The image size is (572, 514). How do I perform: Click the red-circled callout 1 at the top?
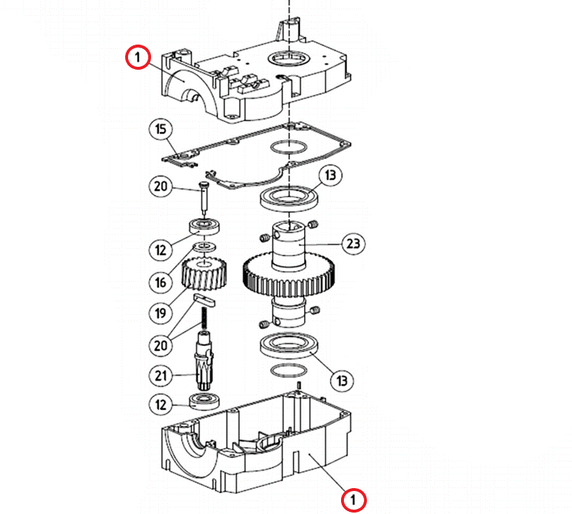(x=137, y=57)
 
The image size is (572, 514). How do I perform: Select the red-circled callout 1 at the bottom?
(x=353, y=500)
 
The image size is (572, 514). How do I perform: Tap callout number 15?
(x=160, y=129)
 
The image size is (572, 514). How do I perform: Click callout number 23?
(x=353, y=243)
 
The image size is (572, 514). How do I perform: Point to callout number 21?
(x=161, y=375)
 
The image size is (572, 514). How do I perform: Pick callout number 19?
(x=161, y=313)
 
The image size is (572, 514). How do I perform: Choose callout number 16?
(x=161, y=282)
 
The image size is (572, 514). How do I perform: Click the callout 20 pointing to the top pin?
(x=161, y=186)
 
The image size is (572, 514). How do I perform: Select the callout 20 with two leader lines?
(x=161, y=345)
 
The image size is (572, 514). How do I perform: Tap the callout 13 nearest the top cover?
(x=330, y=175)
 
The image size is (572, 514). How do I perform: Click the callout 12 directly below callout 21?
(x=161, y=405)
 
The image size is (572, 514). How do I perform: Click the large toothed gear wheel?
(x=289, y=276)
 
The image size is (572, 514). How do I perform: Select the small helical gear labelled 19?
(x=204, y=274)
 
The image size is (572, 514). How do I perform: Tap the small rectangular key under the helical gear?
(x=204, y=299)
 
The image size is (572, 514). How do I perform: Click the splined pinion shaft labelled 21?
(x=204, y=361)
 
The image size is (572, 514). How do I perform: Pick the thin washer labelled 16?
(x=204, y=247)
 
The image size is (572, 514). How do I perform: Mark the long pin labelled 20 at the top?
(x=204, y=199)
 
